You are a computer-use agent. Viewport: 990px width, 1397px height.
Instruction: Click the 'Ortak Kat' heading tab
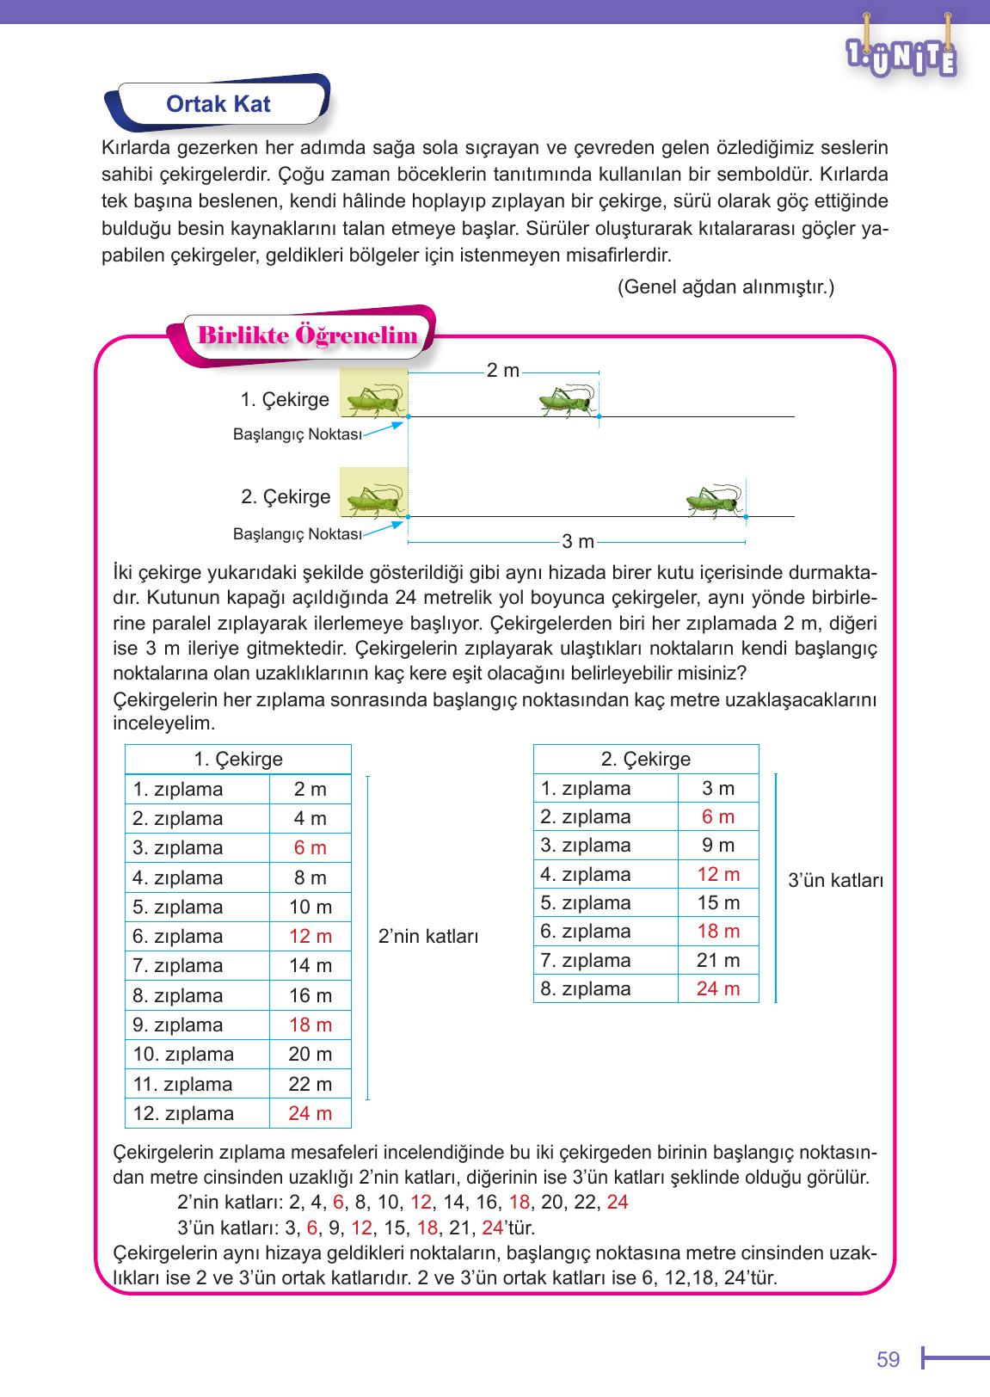coord(218,104)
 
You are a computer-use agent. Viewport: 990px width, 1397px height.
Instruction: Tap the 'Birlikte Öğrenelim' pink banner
coord(307,336)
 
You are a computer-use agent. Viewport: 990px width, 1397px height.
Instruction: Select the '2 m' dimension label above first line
coord(502,371)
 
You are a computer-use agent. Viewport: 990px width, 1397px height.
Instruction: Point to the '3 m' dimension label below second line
coord(578,542)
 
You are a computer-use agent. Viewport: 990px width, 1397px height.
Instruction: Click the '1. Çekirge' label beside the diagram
coord(285,400)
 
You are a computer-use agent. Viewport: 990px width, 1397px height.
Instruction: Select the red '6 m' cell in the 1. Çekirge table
coord(310,848)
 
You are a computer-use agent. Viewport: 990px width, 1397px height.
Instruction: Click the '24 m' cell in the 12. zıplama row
coord(310,1113)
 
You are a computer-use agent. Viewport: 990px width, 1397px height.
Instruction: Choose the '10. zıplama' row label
coord(183,1055)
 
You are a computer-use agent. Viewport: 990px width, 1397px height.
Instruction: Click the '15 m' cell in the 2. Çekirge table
coord(717,903)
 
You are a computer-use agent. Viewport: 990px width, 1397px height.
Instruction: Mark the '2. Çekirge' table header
coord(645,760)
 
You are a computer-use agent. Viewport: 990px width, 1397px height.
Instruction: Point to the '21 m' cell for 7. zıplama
coord(717,960)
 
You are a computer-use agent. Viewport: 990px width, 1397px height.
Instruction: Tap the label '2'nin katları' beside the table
coord(427,937)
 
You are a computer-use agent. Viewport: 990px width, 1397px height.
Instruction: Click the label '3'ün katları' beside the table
coord(835,881)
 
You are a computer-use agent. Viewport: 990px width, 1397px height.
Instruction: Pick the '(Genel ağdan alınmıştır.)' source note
coord(725,287)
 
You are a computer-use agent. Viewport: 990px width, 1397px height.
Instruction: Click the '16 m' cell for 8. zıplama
coord(310,995)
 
